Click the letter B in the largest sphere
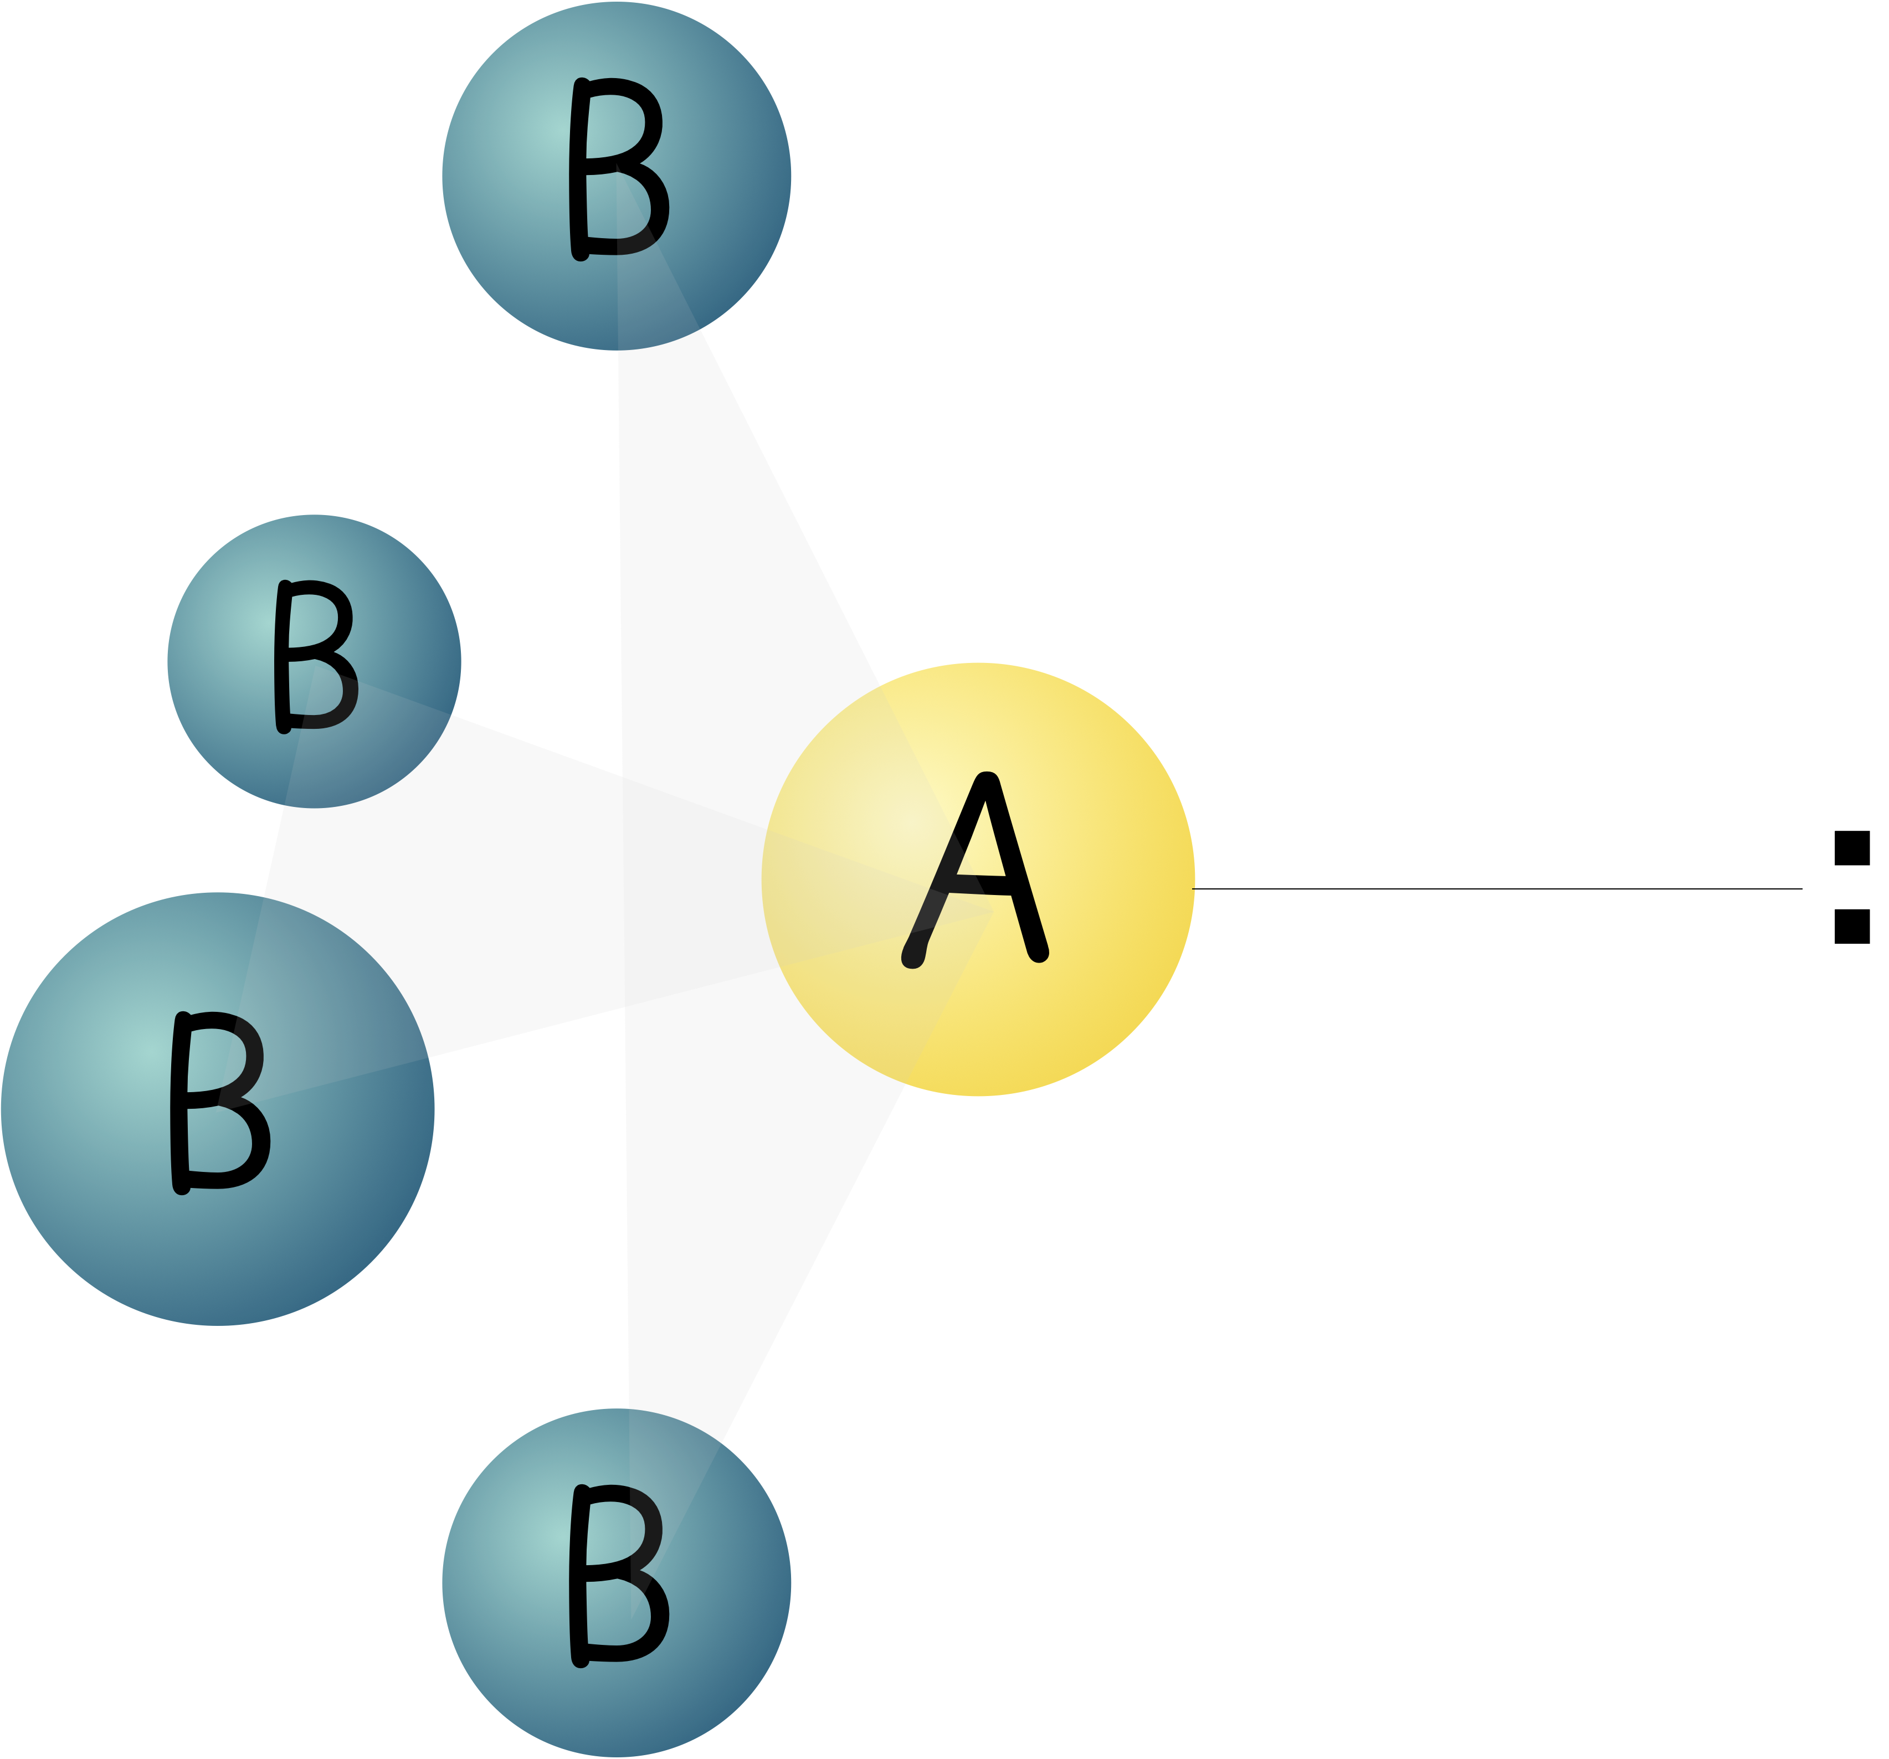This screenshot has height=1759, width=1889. (x=219, y=1102)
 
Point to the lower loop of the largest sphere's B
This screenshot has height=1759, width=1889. (x=228, y=1144)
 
